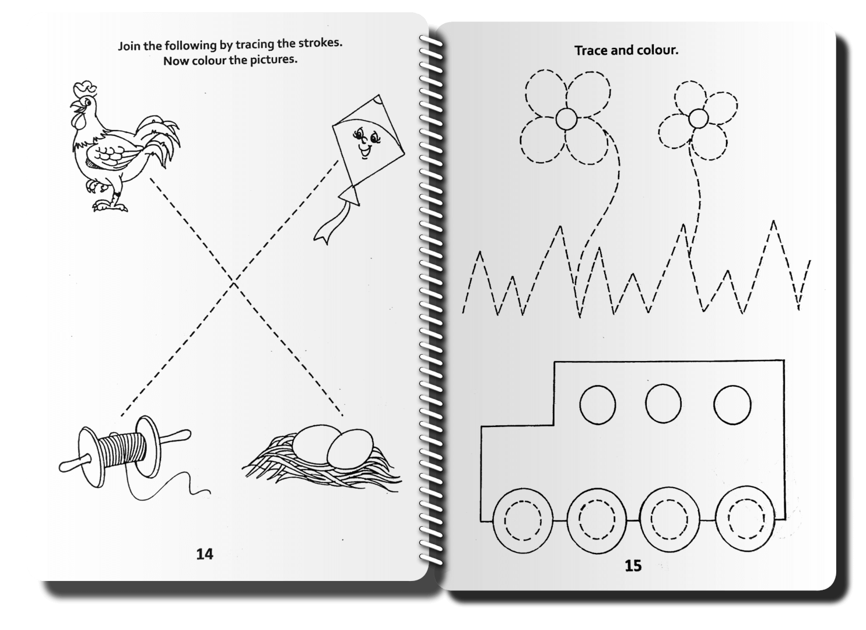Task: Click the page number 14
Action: (205, 554)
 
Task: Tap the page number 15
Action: (633, 566)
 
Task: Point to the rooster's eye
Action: (88, 103)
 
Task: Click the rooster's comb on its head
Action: (85, 87)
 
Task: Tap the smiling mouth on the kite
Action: (364, 151)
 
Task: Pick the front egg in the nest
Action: (350, 449)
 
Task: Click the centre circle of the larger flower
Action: (566, 119)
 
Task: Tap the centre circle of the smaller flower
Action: (698, 118)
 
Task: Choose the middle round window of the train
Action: (663, 404)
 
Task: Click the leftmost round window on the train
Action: (597, 405)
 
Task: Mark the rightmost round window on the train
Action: (732, 405)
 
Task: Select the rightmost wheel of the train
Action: (745, 518)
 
